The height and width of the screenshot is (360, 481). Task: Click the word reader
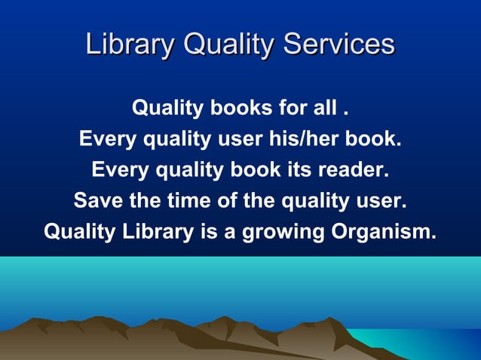[354, 170]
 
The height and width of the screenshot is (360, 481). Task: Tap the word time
[170, 201]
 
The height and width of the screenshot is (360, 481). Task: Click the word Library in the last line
[156, 231]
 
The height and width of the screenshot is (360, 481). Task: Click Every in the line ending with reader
[120, 170]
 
